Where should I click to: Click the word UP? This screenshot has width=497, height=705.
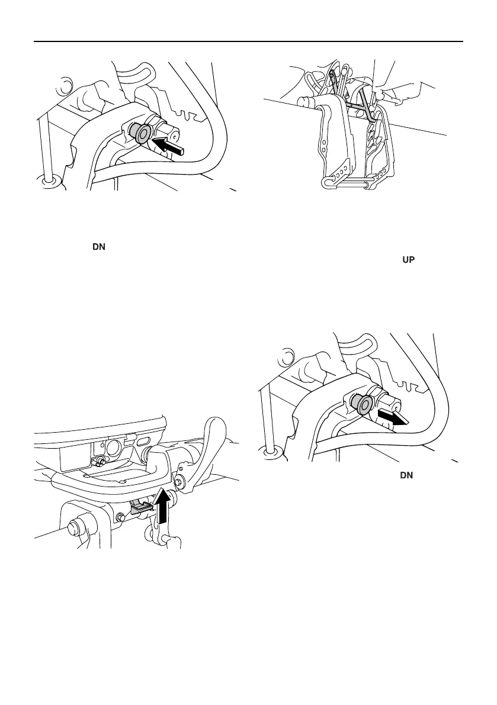(x=409, y=260)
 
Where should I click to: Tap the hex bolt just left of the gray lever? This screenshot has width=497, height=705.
(x=122, y=518)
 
